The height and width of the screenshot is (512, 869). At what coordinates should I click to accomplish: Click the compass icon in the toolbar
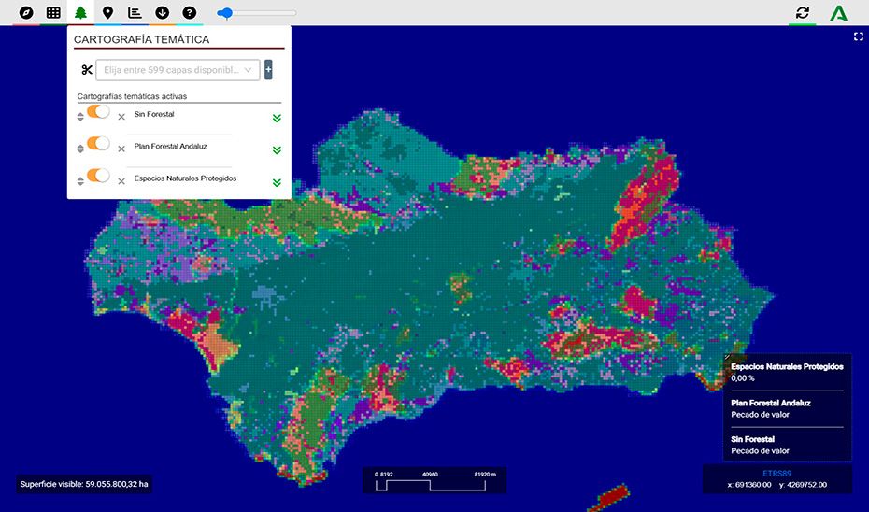pyautogui.click(x=26, y=13)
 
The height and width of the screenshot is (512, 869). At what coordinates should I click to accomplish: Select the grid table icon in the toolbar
pyautogui.click(x=53, y=13)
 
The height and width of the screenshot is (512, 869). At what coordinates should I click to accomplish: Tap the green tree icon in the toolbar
pyautogui.click(x=80, y=13)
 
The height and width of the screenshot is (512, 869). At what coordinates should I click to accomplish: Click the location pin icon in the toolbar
pyautogui.click(x=107, y=13)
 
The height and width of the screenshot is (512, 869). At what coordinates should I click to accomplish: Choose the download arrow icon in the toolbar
pyautogui.click(x=163, y=13)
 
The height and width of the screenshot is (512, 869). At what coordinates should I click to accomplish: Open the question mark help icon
pyautogui.click(x=190, y=13)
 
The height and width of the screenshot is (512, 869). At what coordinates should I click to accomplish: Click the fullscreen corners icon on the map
pyautogui.click(x=858, y=36)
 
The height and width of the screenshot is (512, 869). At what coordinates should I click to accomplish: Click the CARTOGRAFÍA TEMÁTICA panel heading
pyautogui.click(x=141, y=40)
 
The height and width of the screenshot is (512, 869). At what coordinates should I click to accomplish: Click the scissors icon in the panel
pyautogui.click(x=87, y=70)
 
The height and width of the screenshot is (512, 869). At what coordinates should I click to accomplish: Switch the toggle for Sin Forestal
pyautogui.click(x=98, y=112)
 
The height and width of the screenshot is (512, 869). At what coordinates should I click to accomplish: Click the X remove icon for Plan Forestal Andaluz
pyautogui.click(x=121, y=149)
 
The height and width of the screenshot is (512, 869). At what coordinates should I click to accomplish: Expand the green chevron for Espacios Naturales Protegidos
pyautogui.click(x=277, y=181)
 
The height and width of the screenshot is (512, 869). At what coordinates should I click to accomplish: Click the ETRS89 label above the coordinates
pyautogui.click(x=776, y=473)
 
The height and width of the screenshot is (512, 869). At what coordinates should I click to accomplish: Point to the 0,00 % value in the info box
pyautogui.click(x=743, y=378)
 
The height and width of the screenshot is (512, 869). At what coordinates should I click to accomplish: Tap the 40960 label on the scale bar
pyautogui.click(x=430, y=474)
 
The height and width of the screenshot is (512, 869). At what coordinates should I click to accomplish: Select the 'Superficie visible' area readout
pyautogui.click(x=84, y=484)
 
